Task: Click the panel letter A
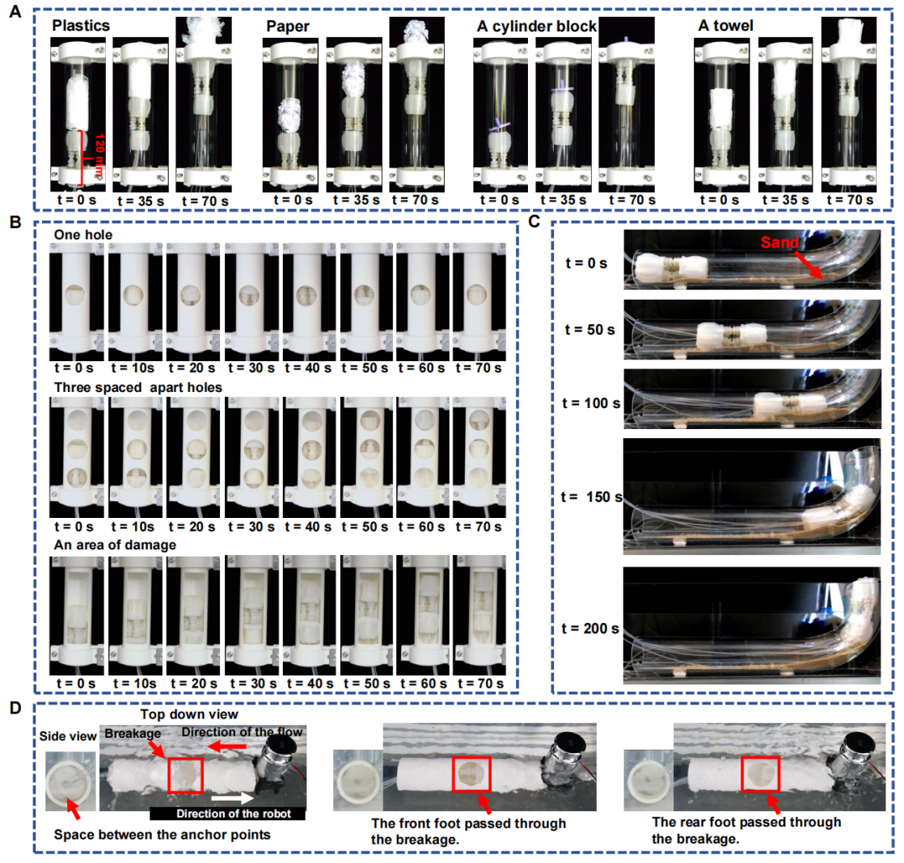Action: [15, 11]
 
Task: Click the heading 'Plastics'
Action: [81, 25]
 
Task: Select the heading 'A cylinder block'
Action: [536, 27]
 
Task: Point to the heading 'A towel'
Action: [725, 25]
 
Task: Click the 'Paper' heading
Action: [288, 27]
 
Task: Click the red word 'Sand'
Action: [779, 242]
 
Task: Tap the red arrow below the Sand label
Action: [809, 264]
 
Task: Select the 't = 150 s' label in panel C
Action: [592, 497]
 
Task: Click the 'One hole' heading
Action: [83, 234]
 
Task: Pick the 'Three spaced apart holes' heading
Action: [137, 387]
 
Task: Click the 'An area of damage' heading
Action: [115, 545]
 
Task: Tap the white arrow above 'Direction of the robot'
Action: [232, 798]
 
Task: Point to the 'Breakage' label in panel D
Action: [133, 734]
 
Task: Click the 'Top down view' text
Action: [189, 714]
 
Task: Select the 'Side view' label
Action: [68, 735]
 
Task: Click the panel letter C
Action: [534, 221]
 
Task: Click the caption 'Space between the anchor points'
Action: [162, 835]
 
